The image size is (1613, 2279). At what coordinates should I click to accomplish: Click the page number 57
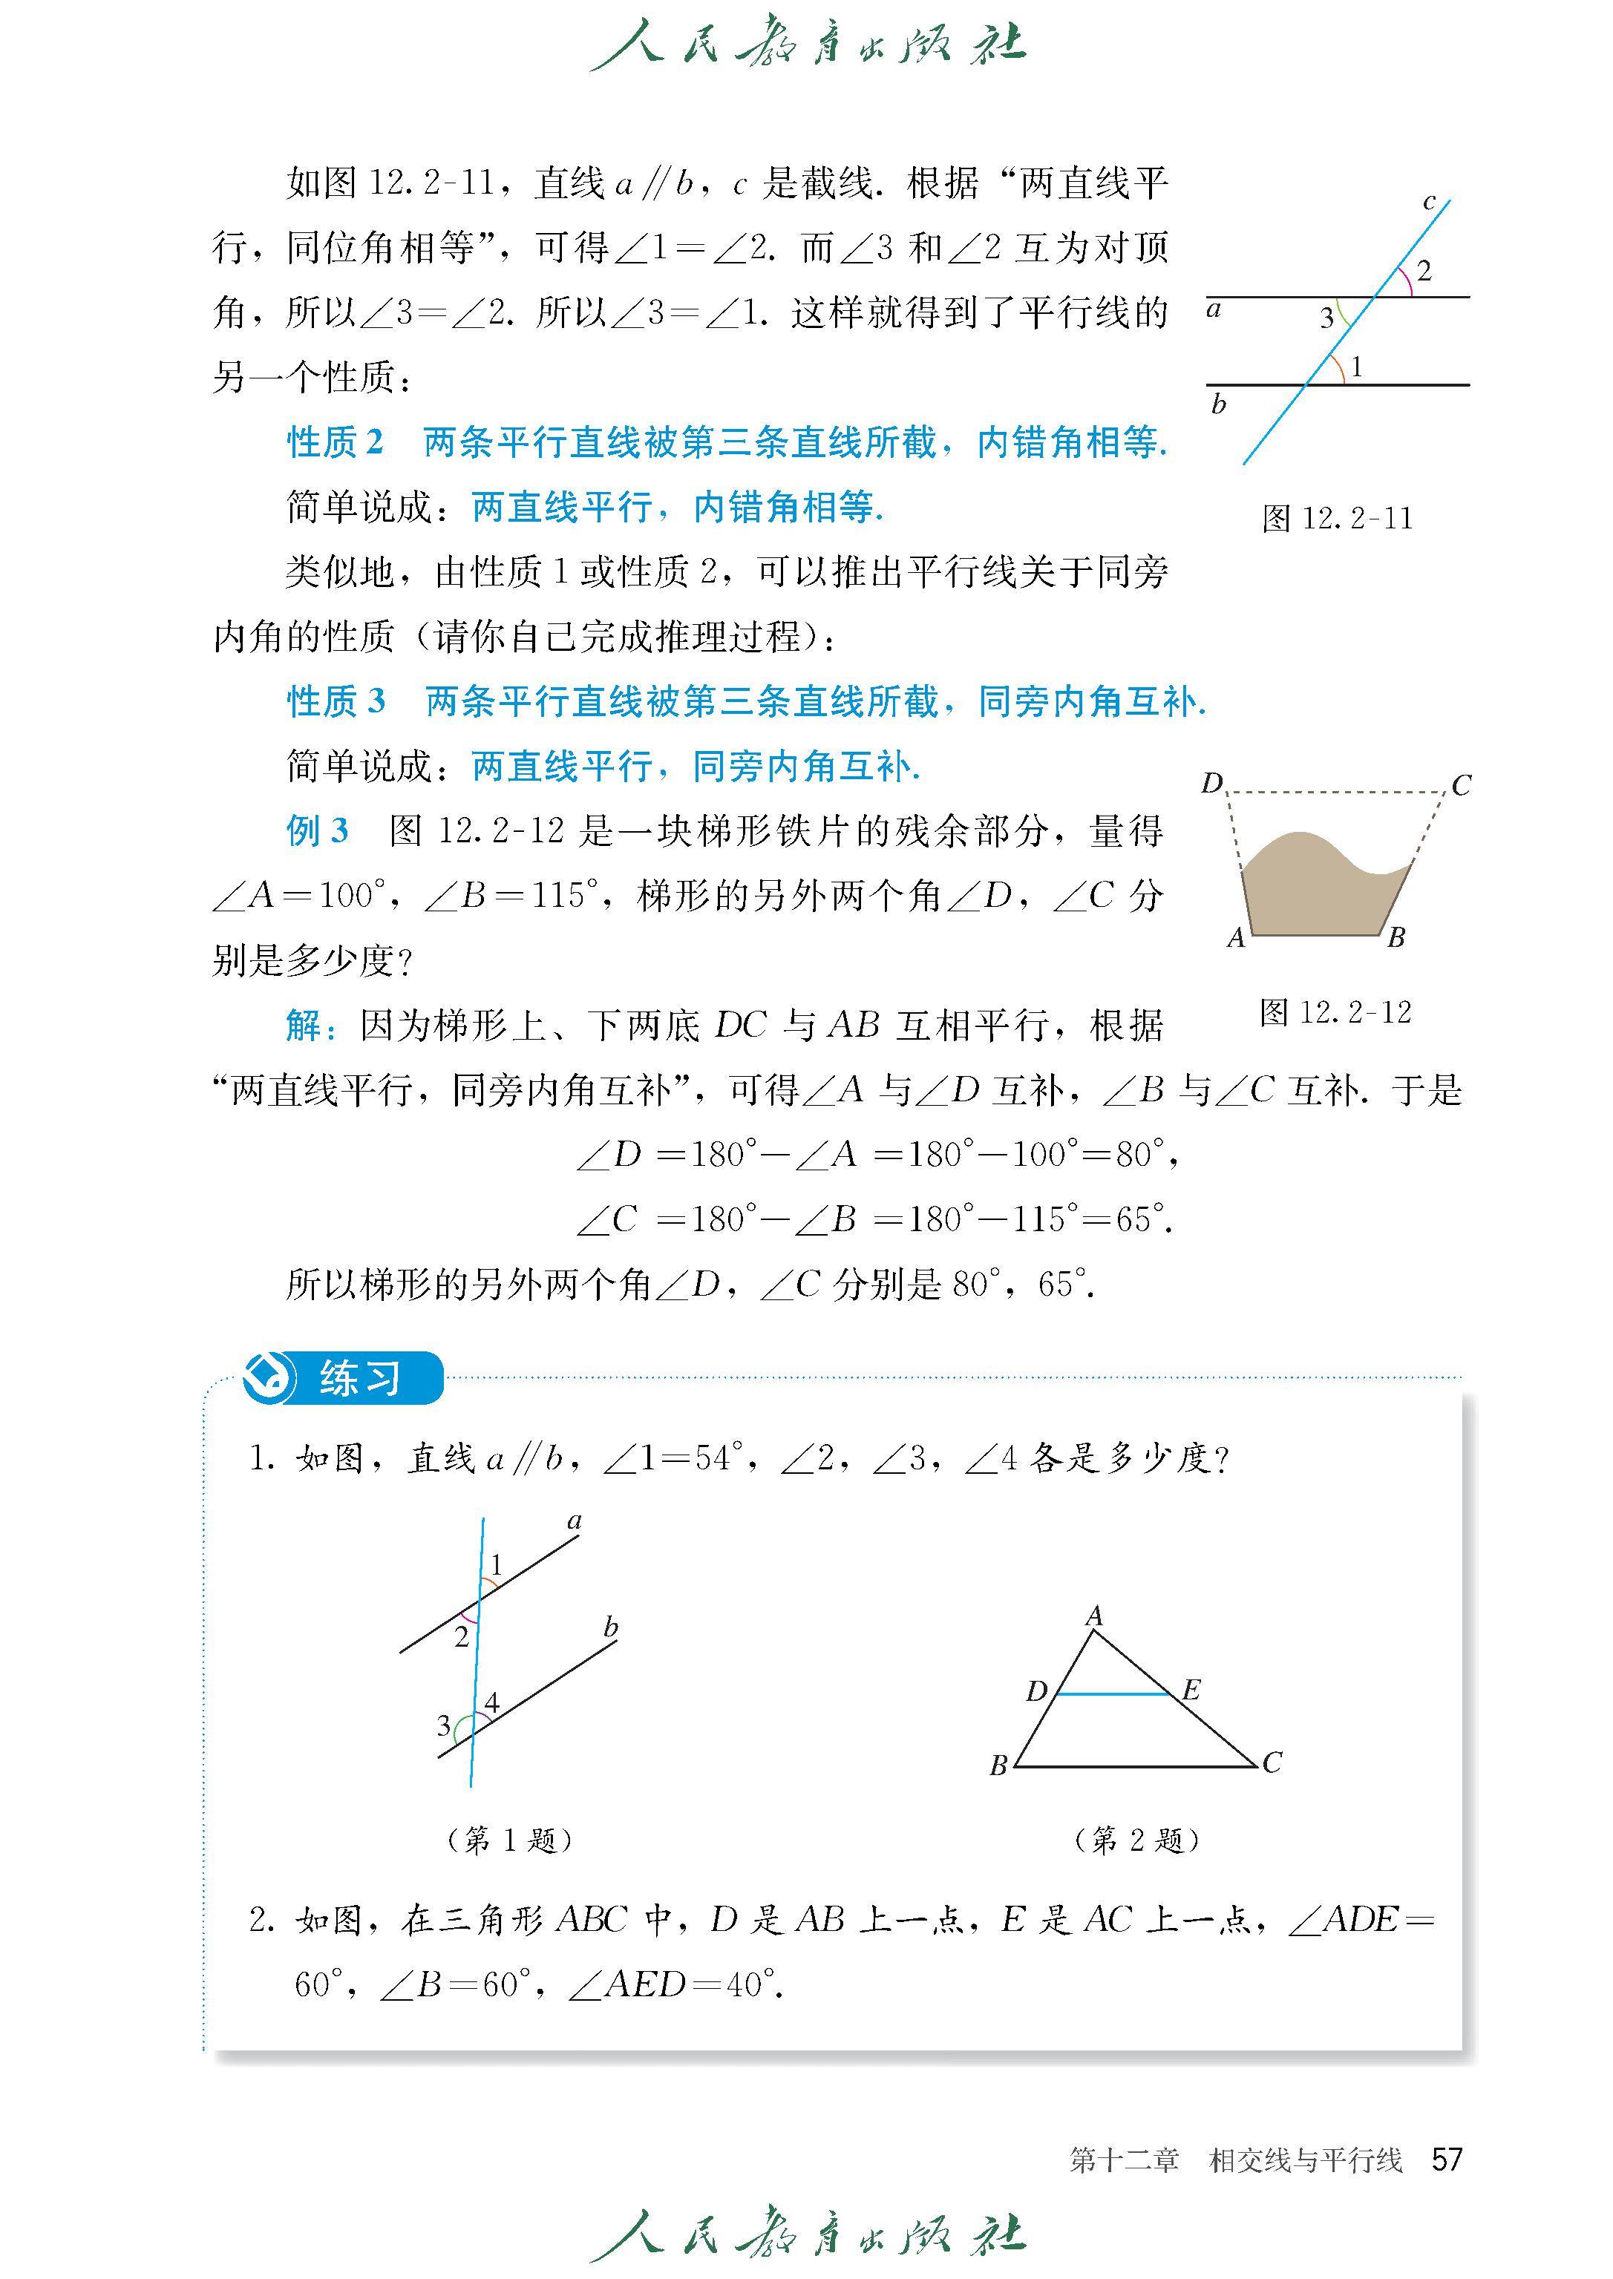click(1446, 2160)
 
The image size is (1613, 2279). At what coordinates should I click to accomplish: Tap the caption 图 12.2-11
click(1337, 519)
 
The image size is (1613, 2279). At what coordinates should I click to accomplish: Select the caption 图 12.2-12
click(1335, 1012)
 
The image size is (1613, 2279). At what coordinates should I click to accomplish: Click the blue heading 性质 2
click(335, 442)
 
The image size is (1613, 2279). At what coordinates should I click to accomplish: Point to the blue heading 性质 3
click(336, 701)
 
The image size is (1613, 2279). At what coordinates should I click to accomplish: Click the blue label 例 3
click(318, 830)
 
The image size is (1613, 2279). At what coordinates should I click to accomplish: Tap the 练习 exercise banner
click(344, 1378)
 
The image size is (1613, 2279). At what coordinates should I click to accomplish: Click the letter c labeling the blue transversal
click(1429, 203)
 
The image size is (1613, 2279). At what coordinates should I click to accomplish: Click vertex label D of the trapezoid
click(1211, 784)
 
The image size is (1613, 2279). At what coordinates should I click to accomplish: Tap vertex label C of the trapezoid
click(1460, 785)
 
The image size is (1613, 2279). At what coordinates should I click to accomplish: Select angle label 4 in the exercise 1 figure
click(491, 1704)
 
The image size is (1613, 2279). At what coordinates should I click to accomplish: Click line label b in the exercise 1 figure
click(610, 1627)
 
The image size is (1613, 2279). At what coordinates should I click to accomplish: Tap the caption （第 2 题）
click(1137, 1840)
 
